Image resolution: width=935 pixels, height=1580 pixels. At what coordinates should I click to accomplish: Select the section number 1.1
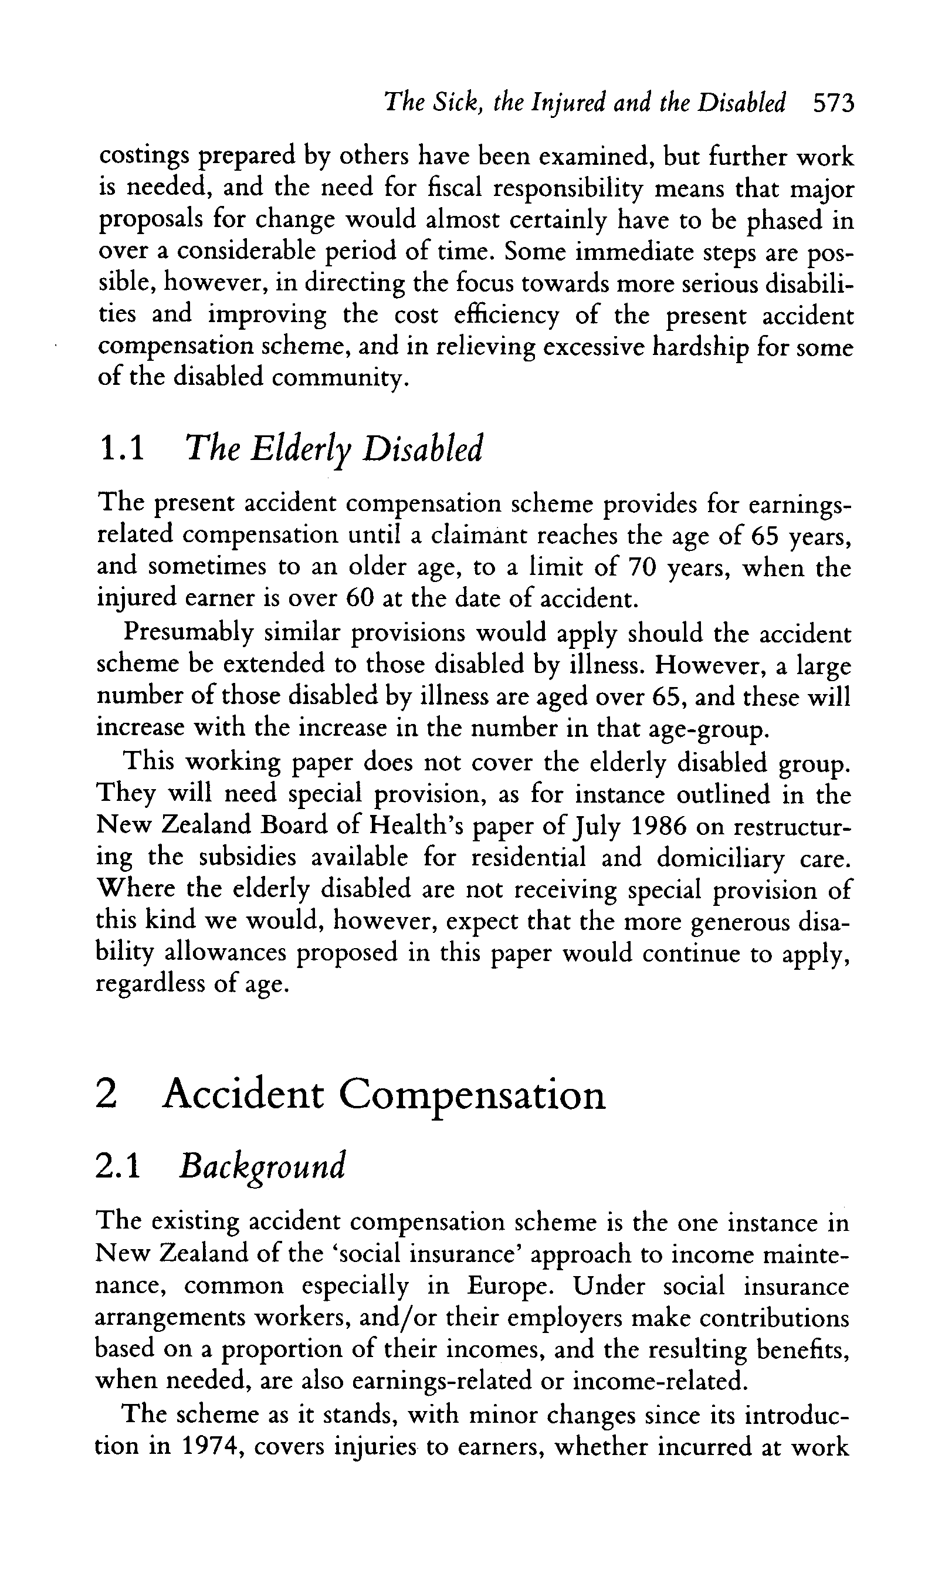[x=122, y=449]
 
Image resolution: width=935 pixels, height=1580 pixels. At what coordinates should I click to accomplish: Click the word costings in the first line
[x=144, y=157]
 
